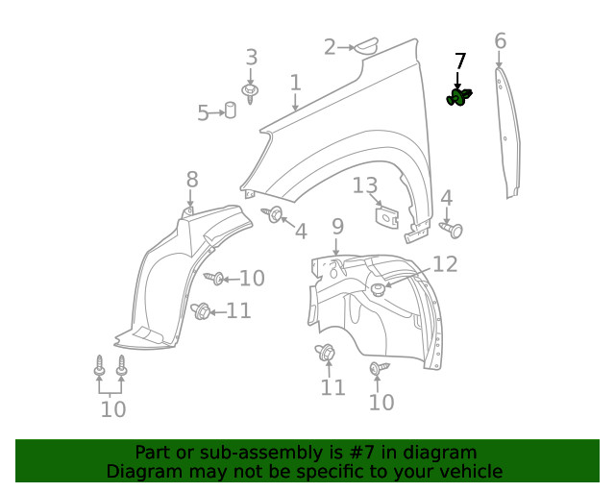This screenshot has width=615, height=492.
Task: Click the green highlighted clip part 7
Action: coord(459,97)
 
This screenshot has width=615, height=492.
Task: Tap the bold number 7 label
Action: coord(460,61)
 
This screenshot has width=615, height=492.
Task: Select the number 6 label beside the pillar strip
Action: coord(500,41)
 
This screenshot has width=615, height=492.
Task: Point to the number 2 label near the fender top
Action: coord(330,46)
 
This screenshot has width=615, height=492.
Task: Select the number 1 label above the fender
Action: coord(295,84)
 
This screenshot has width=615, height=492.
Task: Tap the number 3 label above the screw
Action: coord(251,57)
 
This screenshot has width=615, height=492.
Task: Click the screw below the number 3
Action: coord(251,93)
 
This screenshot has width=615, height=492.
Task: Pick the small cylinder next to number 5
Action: coord(232,110)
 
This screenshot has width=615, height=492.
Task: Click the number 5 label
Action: coord(203,113)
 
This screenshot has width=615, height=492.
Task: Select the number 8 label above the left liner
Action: coord(192,179)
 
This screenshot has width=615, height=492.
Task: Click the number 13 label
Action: coord(366,186)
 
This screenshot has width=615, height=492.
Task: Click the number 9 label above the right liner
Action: coord(337,227)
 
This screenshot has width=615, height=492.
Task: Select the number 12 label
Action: coord(445,264)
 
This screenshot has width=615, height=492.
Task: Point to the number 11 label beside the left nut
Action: coord(239,310)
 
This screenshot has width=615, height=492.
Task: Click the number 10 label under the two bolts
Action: coord(112,410)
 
